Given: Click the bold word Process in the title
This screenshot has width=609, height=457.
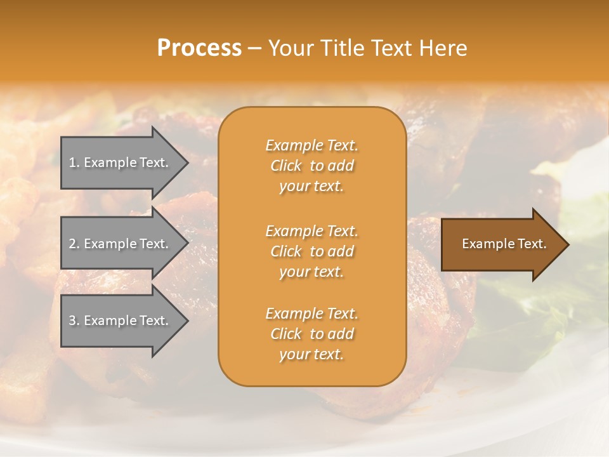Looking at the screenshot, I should coord(199,48).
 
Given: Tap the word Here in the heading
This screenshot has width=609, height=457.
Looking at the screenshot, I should coord(443,48).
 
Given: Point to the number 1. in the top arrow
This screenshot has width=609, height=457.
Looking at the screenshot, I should coord(74,162).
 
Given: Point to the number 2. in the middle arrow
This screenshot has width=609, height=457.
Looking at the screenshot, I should coord(74,244).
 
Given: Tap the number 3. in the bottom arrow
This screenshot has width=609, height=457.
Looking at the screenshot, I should coord(74,321).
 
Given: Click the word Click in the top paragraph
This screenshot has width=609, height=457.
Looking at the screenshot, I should coord(286,166).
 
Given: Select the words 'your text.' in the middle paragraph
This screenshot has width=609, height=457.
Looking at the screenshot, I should coord(311,272).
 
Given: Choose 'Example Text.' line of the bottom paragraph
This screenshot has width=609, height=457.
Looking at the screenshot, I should coord(311,314).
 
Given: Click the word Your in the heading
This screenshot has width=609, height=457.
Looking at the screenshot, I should coord(289,48).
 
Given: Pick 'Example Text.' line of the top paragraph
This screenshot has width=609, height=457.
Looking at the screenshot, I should coord(311,145).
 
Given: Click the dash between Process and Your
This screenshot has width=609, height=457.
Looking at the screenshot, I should coord(254,49).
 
